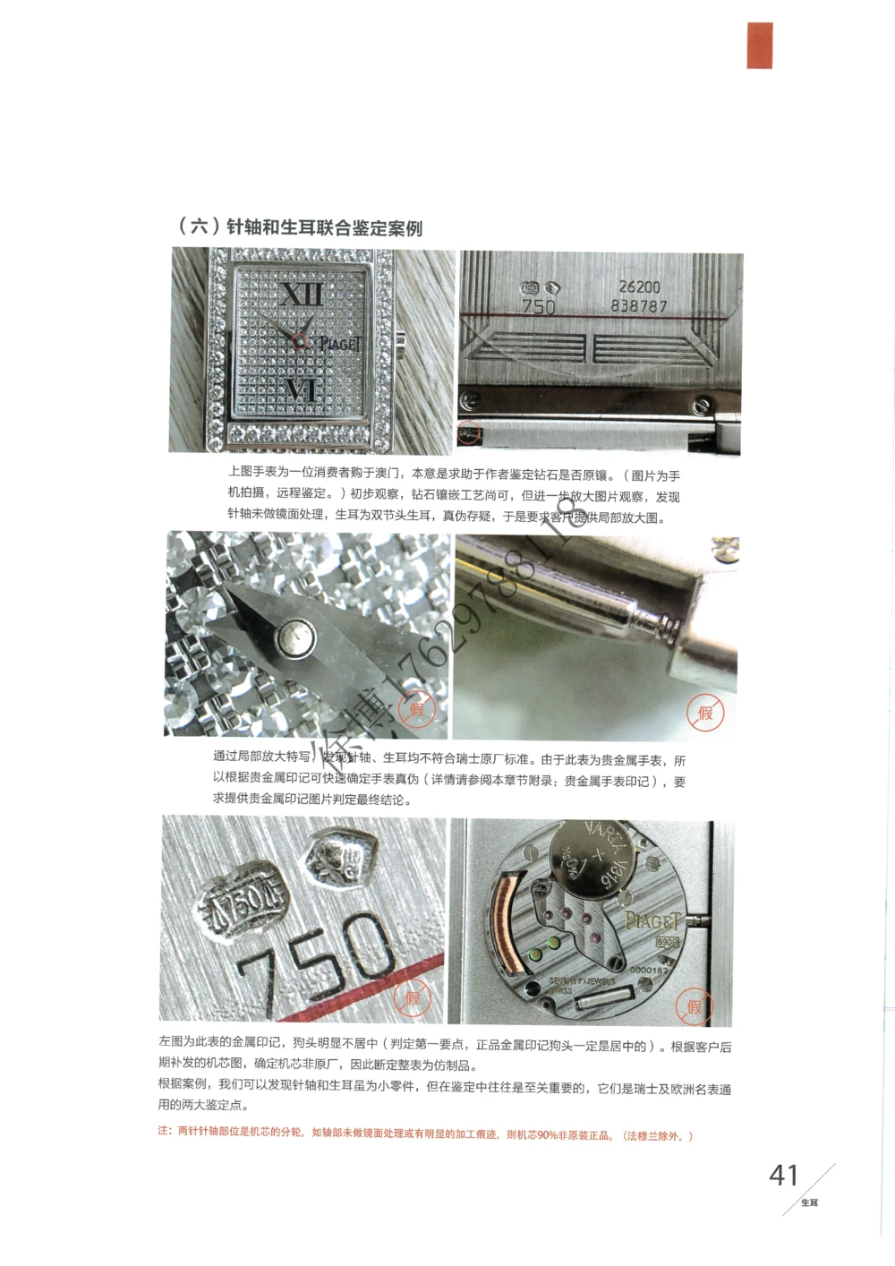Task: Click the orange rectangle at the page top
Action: (x=759, y=45)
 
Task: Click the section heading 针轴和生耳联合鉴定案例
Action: (x=301, y=227)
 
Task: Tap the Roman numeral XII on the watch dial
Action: (x=302, y=295)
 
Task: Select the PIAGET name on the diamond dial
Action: (x=340, y=344)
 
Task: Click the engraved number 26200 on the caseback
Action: (x=639, y=287)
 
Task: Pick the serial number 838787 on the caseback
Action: (x=639, y=306)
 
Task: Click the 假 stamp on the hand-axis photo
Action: (x=416, y=710)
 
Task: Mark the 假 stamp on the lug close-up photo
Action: (x=705, y=714)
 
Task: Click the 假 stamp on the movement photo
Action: (x=695, y=1007)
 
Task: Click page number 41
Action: (x=783, y=1175)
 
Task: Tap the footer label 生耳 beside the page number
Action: (x=809, y=1202)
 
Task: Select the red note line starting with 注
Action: (x=425, y=1134)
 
